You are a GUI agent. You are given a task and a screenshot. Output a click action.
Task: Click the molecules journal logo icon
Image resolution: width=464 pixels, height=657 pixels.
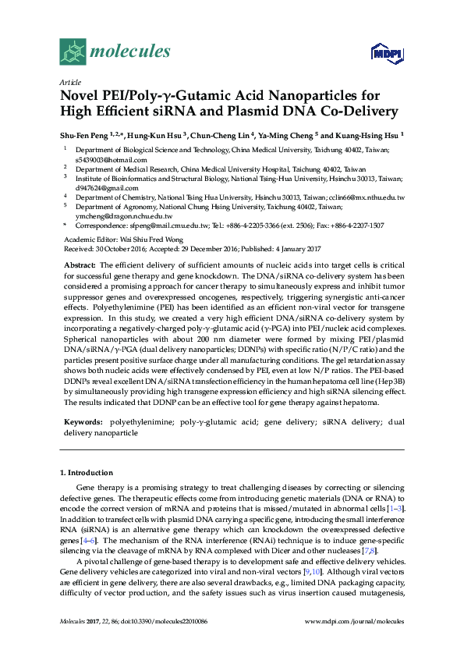[74, 52]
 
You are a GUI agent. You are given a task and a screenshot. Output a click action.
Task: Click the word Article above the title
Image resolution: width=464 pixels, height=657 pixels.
[70, 81]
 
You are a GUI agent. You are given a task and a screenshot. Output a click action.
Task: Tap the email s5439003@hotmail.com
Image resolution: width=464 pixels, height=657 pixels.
[104, 159]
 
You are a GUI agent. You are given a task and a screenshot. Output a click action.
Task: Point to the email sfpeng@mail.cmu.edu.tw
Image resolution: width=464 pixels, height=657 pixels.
[159, 225]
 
